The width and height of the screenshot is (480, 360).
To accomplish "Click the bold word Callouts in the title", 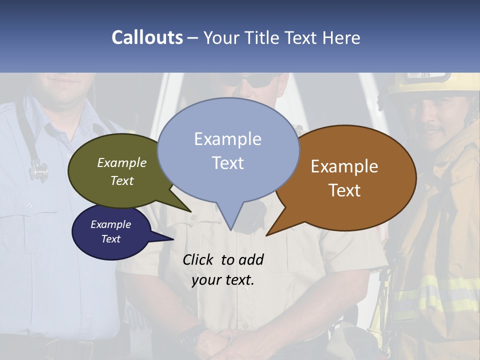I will click(147, 37).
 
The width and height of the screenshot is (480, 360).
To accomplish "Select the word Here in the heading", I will click(341, 37).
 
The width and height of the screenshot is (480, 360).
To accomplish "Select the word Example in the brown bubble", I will click(344, 166).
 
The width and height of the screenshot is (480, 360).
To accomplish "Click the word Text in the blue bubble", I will click(228, 163).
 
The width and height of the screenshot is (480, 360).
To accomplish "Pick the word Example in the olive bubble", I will click(122, 162).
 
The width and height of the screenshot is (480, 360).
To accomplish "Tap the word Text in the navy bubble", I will click(110, 239).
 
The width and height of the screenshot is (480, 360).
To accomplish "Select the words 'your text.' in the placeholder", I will click(223, 280).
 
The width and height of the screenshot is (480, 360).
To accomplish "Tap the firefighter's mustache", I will click(434, 131).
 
